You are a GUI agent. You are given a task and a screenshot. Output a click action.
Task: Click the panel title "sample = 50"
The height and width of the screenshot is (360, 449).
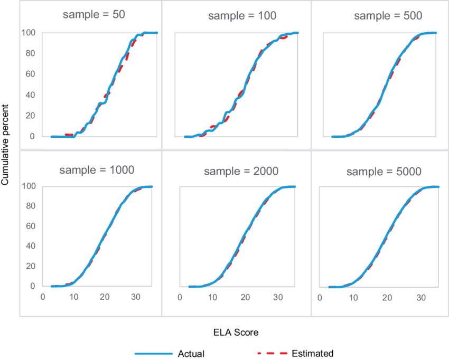click(94, 15)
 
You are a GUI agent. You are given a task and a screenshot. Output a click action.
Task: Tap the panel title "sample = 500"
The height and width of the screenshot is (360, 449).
click(388, 16)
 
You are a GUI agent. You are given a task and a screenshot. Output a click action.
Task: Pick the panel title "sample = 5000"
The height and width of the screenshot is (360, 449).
click(385, 172)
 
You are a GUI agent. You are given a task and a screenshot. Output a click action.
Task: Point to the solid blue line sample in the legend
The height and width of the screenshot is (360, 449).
click(154, 353)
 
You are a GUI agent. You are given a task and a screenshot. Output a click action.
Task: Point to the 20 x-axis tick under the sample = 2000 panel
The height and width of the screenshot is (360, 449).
click(245, 297)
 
